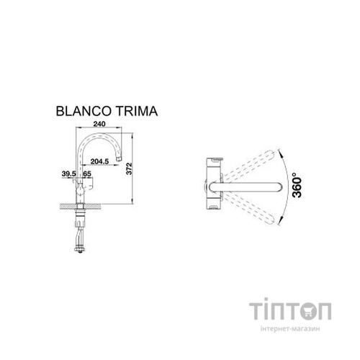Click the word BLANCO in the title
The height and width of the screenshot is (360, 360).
tap(82, 112)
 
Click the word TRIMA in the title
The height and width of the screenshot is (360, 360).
tap(134, 112)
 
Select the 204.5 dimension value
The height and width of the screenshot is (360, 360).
tap(110, 163)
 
